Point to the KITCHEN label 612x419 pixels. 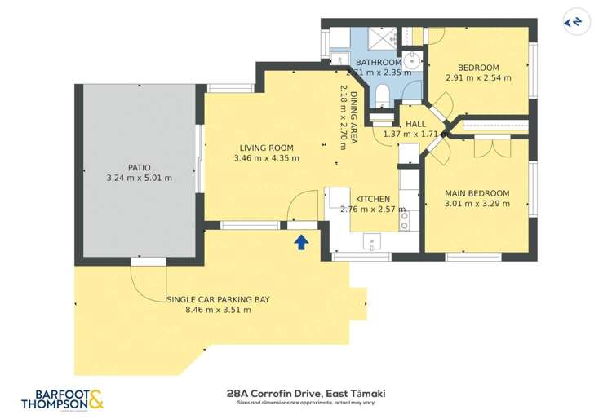[x=372, y=198]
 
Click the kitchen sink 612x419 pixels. [x=372, y=240]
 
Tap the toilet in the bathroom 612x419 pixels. [x=383, y=96]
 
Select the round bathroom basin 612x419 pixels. [x=413, y=60]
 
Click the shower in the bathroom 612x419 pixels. [x=379, y=37]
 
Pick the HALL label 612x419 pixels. [x=416, y=124]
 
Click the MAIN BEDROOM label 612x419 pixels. [x=477, y=193]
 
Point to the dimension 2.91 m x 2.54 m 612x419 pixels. [x=478, y=78]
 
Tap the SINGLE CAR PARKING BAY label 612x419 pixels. [x=218, y=299]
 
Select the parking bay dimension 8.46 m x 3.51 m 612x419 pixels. [x=218, y=310]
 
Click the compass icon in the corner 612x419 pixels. [x=576, y=22]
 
